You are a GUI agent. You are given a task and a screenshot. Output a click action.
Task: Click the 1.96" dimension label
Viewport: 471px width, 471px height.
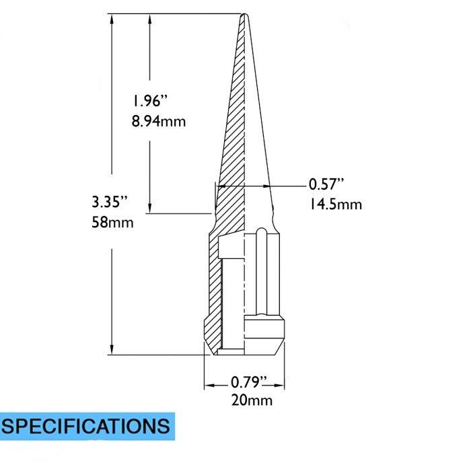click(x=149, y=102)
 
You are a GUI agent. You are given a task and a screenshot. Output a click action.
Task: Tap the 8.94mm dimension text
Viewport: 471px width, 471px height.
click(x=159, y=122)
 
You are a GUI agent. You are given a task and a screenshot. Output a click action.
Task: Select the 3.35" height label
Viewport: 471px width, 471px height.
click(x=109, y=201)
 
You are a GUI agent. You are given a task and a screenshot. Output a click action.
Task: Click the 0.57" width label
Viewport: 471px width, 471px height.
click(x=326, y=184)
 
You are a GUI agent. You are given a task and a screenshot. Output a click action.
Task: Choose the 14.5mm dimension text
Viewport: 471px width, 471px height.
click(x=335, y=204)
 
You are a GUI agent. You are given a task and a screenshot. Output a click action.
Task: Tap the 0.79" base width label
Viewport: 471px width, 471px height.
click(x=249, y=382)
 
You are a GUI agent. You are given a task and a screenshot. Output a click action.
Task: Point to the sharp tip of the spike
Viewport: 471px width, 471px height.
click(x=243, y=15)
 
